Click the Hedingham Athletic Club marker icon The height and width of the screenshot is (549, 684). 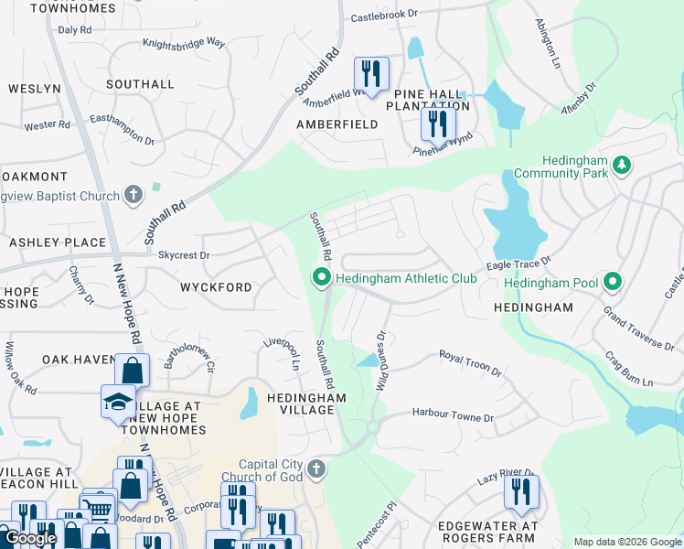tap(321, 276)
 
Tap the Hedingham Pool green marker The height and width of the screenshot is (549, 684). tap(614, 283)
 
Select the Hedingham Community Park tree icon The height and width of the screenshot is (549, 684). tap(622, 165)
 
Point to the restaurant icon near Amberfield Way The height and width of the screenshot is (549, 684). tap(371, 70)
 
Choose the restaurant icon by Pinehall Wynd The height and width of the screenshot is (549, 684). tap(438, 122)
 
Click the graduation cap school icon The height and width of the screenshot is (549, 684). tap(118, 401)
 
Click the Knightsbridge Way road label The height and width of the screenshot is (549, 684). tap(184, 42)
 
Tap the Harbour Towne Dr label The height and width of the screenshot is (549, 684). tap(452, 415)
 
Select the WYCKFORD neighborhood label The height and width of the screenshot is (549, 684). tap(217, 287)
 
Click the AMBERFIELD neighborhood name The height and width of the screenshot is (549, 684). tap(337, 124)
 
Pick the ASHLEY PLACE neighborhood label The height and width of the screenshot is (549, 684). tap(58, 242)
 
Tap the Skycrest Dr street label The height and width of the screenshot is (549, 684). tap(184, 255)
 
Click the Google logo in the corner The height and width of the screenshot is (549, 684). tap(30, 538)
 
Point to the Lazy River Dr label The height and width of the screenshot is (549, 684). tap(504, 479)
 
